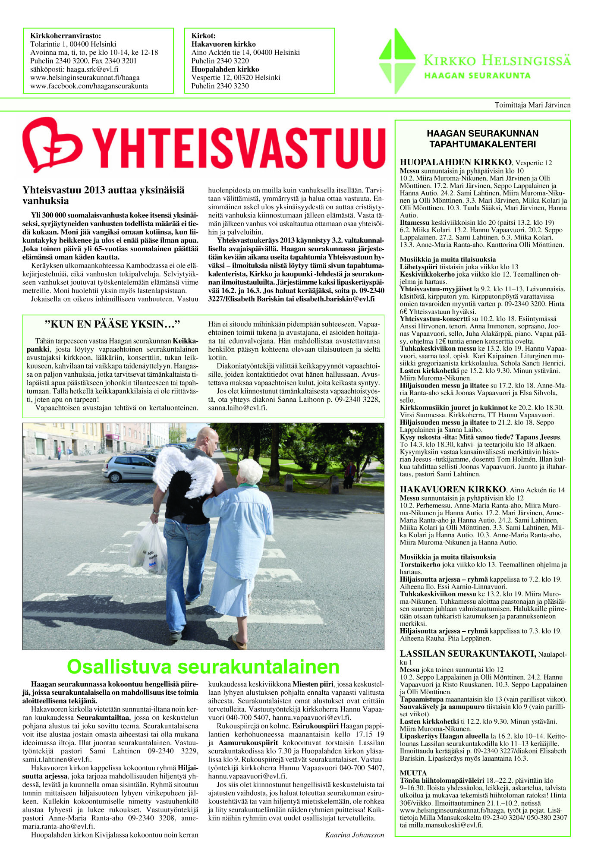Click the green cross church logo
[x=397, y=60]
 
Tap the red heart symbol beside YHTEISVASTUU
[x=52, y=145]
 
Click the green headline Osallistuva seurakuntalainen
[x=203, y=667]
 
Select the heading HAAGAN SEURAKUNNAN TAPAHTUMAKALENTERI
[x=482, y=139]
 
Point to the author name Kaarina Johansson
[x=354, y=835]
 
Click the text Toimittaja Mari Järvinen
[x=532, y=105]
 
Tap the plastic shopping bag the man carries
[x=149, y=548]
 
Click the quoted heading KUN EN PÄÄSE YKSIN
[x=112, y=324]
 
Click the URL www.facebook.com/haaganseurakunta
[x=89, y=86]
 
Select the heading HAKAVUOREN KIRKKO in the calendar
[x=453, y=489]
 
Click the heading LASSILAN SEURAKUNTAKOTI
[x=468, y=654]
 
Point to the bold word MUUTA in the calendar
[x=413, y=773]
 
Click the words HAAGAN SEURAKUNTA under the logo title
[x=477, y=76]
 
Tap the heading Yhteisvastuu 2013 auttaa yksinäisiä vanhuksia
[x=104, y=195]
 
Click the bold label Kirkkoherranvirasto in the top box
[x=66, y=36]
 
